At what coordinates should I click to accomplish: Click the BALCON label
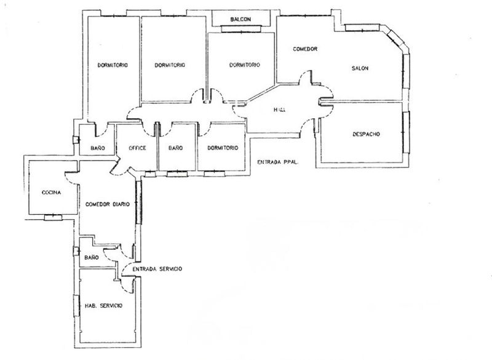click(x=241, y=20)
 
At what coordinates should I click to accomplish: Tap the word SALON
click(x=360, y=68)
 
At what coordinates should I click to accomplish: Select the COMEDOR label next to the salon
click(x=304, y=49)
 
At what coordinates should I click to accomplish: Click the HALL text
click(x=280, y=110)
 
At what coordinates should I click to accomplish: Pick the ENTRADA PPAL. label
click(x=277, y=162)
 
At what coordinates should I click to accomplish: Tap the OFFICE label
click(x=137, y=148)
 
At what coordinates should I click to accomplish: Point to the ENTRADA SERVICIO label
click(x=157, y=269)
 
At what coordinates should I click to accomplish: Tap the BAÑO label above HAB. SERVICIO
click(x=92, y=257)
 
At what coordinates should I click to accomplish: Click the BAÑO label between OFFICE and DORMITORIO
click(x=175, y=148)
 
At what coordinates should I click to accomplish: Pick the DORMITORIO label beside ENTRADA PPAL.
click(x=223, y=148)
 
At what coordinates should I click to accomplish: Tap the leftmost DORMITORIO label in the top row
click(x=113, y=65)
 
